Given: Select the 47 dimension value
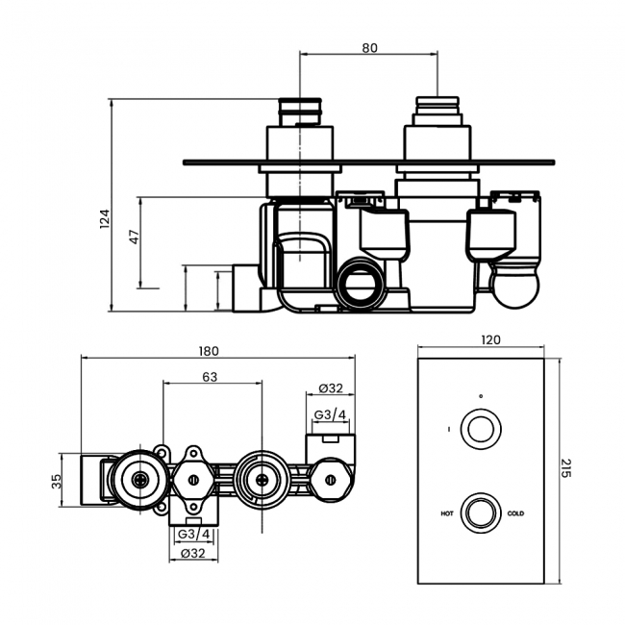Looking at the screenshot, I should tap(135, 236).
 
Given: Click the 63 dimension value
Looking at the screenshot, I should tap(210, 376).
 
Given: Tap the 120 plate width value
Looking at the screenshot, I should tap(490, 339).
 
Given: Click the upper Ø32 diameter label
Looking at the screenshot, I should tap(331, 388).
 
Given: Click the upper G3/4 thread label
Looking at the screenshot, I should tap(330, 414).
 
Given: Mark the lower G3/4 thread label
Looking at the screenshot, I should tap(195, 535).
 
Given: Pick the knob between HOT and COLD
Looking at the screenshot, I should tap(481, 512).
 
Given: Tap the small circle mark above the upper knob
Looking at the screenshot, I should tap(481, 395).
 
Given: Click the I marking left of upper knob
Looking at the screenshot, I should tap(448, 429).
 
